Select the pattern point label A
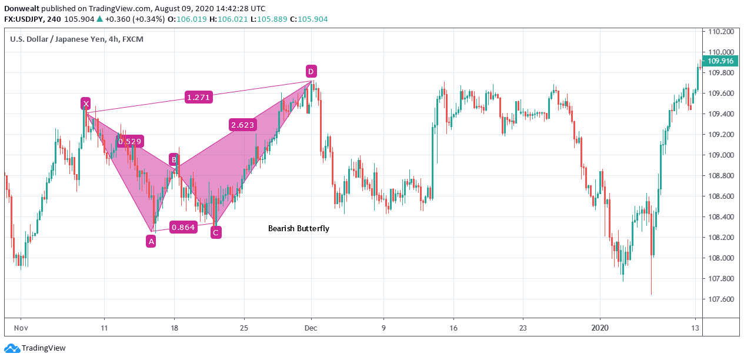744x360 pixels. [x=151, y=241]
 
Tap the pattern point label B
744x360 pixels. [x=174, y=159]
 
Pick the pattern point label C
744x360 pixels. [x=216, y=232]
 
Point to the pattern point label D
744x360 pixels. [x=311, y=72]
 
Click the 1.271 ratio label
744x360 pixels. [x=198, y=98]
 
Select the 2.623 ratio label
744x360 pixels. [x=243, y=125]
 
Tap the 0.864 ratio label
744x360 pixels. [x=182, y=227]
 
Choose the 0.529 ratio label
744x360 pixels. [x=129, y=141]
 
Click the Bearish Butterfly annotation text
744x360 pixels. [x=299, y=228]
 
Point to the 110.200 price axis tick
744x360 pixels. [x=721, y=32]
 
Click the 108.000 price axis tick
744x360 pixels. [x=721, y=258]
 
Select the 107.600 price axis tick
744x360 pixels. [x=721, y=299]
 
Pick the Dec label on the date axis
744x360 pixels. [x=312, y=328]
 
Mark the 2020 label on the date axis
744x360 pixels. [x=600, y=328]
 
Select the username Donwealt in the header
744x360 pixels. [x=22, y=9]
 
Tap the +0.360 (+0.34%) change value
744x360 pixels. [x=135, y=19]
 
